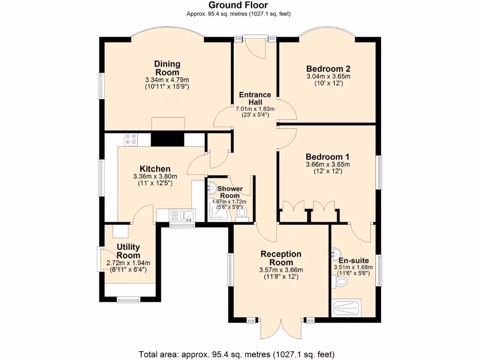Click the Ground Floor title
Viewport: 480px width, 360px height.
pyautogui.click(x=238, y=5)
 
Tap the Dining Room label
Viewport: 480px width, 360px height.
pyautogui.click(x=167, y=68)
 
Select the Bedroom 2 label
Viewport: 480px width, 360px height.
pyautogui.click(x=328, y=68)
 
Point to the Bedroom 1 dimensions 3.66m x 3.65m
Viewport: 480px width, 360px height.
pyautogui.click(x=328, y=165)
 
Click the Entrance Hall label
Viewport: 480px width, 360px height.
pyautogui.click(x=255, y=98)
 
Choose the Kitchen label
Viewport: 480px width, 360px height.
pyautogui.click(x=155, y=169)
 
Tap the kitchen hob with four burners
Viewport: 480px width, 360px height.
pyautogui.click(x=131, y=140)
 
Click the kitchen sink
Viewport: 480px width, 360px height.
pyautogui.click(x=182, y=215)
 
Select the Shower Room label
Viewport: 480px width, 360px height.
pyautogui.click(x=230, y=192)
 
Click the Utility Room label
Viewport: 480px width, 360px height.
pyautogui.click(x=128, y=251)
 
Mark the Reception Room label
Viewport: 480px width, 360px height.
pyautogui.click(x=281, y=258)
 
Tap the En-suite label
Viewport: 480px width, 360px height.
pyautogui.click(x=353, y=261)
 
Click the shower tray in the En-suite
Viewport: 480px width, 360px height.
pyautogui.click(x=346, y=308)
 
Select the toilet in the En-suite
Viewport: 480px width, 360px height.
pyautogui.click(x=339, y=281)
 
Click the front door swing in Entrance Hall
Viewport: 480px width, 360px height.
pyautogui.click(x=255, y=49)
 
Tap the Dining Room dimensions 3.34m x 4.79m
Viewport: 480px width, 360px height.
pyautogui.click(x=167, y=80)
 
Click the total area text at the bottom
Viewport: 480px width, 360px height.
pyautogui.click(x=237, y=354)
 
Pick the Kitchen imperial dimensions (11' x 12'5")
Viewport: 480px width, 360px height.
pyautogui.click(x=155, y=183)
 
